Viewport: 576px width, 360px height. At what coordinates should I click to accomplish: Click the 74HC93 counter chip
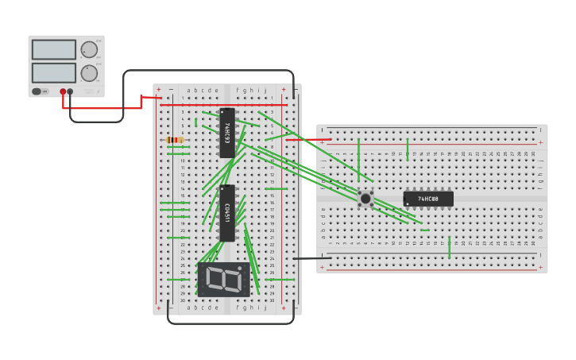(x=227, y=132)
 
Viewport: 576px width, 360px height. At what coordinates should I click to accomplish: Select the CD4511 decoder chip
(x=227, y=212)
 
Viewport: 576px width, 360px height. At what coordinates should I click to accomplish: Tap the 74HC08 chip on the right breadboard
(x=428, y=199)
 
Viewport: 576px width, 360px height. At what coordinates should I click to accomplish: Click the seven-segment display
(x=223, y=279)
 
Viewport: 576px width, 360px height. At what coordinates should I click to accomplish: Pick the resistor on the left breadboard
(x=175, y=140)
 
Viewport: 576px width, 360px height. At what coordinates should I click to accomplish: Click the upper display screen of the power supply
(x=54, y=49)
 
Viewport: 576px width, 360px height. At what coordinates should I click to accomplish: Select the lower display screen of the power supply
(x=54, y=72)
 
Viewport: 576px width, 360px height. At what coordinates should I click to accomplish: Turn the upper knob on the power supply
(x=89, y=49)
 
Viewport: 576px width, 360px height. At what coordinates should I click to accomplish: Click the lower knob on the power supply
(x=89, y=73)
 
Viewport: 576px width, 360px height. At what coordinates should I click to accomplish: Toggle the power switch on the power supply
(x=37, y=91)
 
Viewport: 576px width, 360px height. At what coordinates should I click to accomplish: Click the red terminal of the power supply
(x=63, y=91)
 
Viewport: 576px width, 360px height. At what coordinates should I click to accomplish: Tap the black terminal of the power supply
(x=70, y=91)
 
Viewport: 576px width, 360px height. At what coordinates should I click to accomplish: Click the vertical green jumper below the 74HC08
(x=449, y=246)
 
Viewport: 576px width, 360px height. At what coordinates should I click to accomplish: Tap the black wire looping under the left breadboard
(x=230, y=323)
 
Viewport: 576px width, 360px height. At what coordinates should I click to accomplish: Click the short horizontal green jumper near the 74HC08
(x=424, y=230)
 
